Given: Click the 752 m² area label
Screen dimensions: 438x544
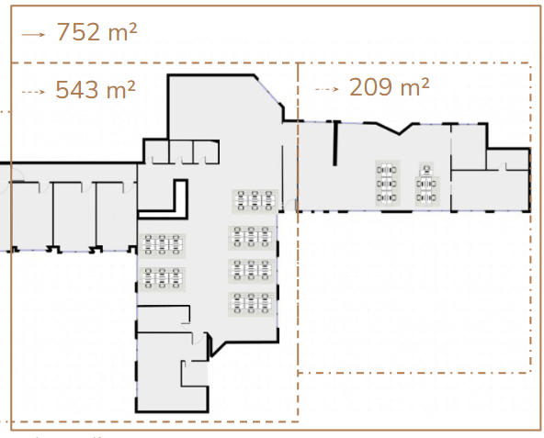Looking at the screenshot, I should (96, 32).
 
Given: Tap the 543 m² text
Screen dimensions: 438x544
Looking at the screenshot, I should (96, 90).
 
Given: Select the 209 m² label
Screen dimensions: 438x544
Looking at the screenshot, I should (390, 87).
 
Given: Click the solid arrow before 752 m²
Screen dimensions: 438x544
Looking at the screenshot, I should (33, 34).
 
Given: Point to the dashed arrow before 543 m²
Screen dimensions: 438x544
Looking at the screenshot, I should (33, 92).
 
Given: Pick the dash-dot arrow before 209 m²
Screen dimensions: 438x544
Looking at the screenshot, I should (327, 89).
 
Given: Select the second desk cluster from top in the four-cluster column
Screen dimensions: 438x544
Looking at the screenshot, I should (251, 237).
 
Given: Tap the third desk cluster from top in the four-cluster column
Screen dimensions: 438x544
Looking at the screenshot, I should (251, 270).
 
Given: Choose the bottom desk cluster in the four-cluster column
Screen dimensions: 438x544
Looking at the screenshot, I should (251, 303).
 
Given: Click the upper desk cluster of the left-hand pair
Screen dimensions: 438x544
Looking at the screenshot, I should (162, 244).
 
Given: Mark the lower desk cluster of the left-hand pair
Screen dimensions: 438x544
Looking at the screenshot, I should (162, 277).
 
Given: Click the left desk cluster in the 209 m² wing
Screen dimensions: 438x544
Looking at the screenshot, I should (388, 183).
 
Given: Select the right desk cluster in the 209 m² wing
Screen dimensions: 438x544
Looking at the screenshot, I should (426, 184).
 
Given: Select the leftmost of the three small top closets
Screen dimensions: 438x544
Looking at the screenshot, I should (157, 152).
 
